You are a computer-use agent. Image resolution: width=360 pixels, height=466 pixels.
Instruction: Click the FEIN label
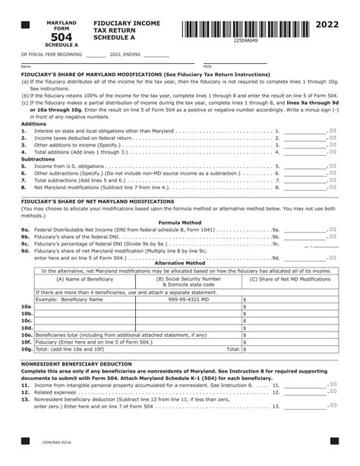coord(207,67)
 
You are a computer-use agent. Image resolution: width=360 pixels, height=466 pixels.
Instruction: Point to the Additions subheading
coord(33,123)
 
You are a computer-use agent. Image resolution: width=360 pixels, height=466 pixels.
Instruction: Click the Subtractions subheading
coord(38,158)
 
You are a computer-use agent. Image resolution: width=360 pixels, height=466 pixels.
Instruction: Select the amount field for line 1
coord(305,131)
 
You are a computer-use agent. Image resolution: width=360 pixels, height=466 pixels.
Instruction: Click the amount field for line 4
coord(305,151)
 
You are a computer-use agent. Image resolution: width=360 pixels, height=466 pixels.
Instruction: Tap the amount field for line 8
coord(305,186)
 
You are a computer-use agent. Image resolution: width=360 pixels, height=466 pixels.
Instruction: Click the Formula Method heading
coord(180,222)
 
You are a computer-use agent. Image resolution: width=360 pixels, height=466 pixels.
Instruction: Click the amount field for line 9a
coord(305,229)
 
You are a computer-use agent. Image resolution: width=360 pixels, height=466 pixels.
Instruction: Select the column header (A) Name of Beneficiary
coord(84,279)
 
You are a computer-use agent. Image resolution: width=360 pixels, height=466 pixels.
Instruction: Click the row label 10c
coord(27,320)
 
